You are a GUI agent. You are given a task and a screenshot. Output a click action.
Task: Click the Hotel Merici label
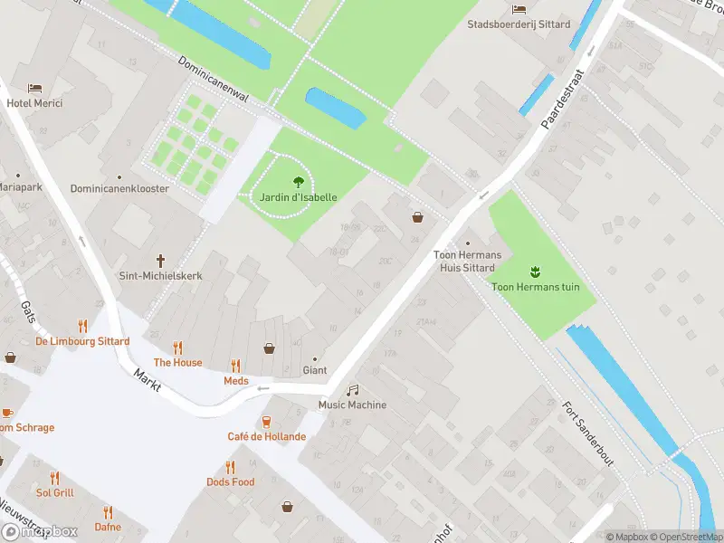click(x=34, y=103)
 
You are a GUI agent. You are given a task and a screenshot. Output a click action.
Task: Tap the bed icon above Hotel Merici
click(x=34, y=88)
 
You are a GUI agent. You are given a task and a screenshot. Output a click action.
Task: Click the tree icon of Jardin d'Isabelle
click(x=298, y=182)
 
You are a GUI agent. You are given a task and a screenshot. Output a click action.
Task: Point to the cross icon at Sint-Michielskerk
click(x=161, y=260)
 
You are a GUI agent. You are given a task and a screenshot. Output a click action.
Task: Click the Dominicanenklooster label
click(x=119, y=189)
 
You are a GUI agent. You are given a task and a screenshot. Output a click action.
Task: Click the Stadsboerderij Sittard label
click(x=518, y=24)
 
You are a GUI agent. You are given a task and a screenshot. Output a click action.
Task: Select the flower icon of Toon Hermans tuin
click(x=535, y=271)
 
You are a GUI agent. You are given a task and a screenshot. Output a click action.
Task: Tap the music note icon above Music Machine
click(x=352, y=390)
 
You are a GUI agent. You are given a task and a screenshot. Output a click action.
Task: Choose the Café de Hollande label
click(x=266, y=436)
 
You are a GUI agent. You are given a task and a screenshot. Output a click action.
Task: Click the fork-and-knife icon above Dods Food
click(x=230, y=467)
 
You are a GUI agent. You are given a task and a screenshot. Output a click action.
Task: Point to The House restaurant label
click(x=177, y=362)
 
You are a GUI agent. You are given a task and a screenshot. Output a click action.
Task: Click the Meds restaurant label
click(x=235, y=381)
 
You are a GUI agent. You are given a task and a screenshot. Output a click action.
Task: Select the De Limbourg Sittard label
click(x=82, y=341)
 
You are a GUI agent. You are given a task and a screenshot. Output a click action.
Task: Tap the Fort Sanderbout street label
click(x=587, y=433)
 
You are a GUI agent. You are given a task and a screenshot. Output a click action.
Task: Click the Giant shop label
click(x=314, y=370)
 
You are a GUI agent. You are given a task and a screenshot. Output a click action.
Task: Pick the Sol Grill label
click(x=54, y=493)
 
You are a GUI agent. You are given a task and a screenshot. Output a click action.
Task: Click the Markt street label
click(x=148, y=379)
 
